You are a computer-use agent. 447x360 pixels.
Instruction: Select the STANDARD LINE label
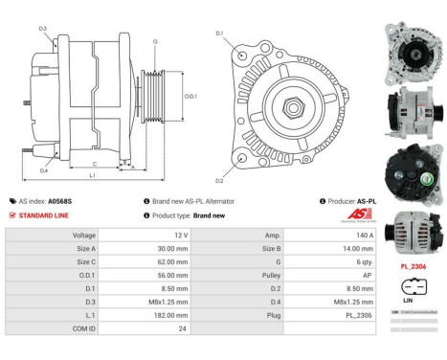point(42,215)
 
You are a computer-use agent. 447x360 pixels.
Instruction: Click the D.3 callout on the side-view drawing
point(43,29)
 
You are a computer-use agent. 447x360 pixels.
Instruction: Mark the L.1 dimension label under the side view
point(93,176)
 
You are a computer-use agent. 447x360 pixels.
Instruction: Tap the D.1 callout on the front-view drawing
point(219,34)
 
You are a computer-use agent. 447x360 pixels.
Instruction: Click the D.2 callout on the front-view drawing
point(219,180)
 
